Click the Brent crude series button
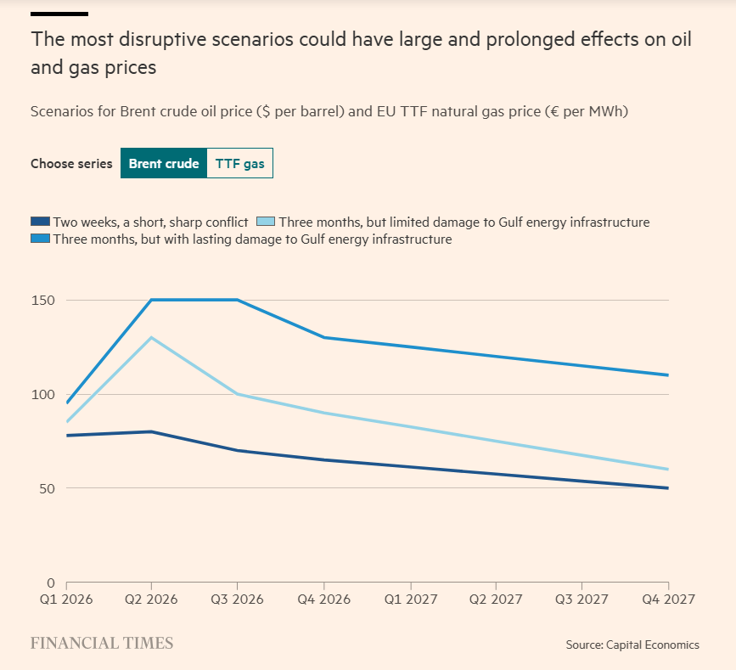(x=163, y=164)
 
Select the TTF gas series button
(x=239, y=164)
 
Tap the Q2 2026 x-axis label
(x=151, y=599)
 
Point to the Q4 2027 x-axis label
(x=667, y=599)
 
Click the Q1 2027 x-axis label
(x=409, y=599)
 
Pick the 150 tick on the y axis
(x=44, y=301)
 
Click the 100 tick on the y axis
(x=44, y=395)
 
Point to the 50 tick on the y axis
(x=47, y=489)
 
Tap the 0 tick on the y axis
(x=50, y=583)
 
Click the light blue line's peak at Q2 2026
(x=151, y=337)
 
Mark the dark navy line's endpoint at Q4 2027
(x=668, y=488)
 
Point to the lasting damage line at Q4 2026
(x=323, y=337)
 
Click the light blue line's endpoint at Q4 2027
(x=668, y=470)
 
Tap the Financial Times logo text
(x=102, y=643)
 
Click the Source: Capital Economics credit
(x=632, y=645)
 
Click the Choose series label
(x=71, y=164)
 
